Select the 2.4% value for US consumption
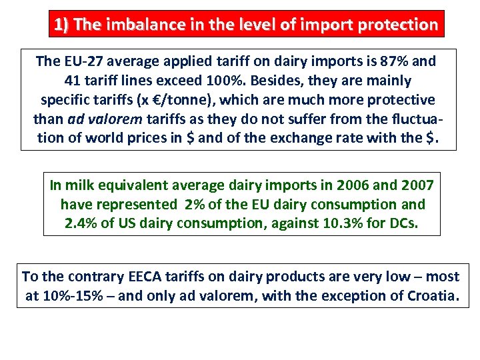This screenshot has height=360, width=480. pyautogui.click(x=81, y=223)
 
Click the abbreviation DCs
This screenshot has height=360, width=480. pyautogui.click(x=401, y=223)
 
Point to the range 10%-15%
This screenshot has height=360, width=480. pyautogui.click(x=73, y=295)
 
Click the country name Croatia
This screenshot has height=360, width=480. pyautogui.click(x=430, y=295)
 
